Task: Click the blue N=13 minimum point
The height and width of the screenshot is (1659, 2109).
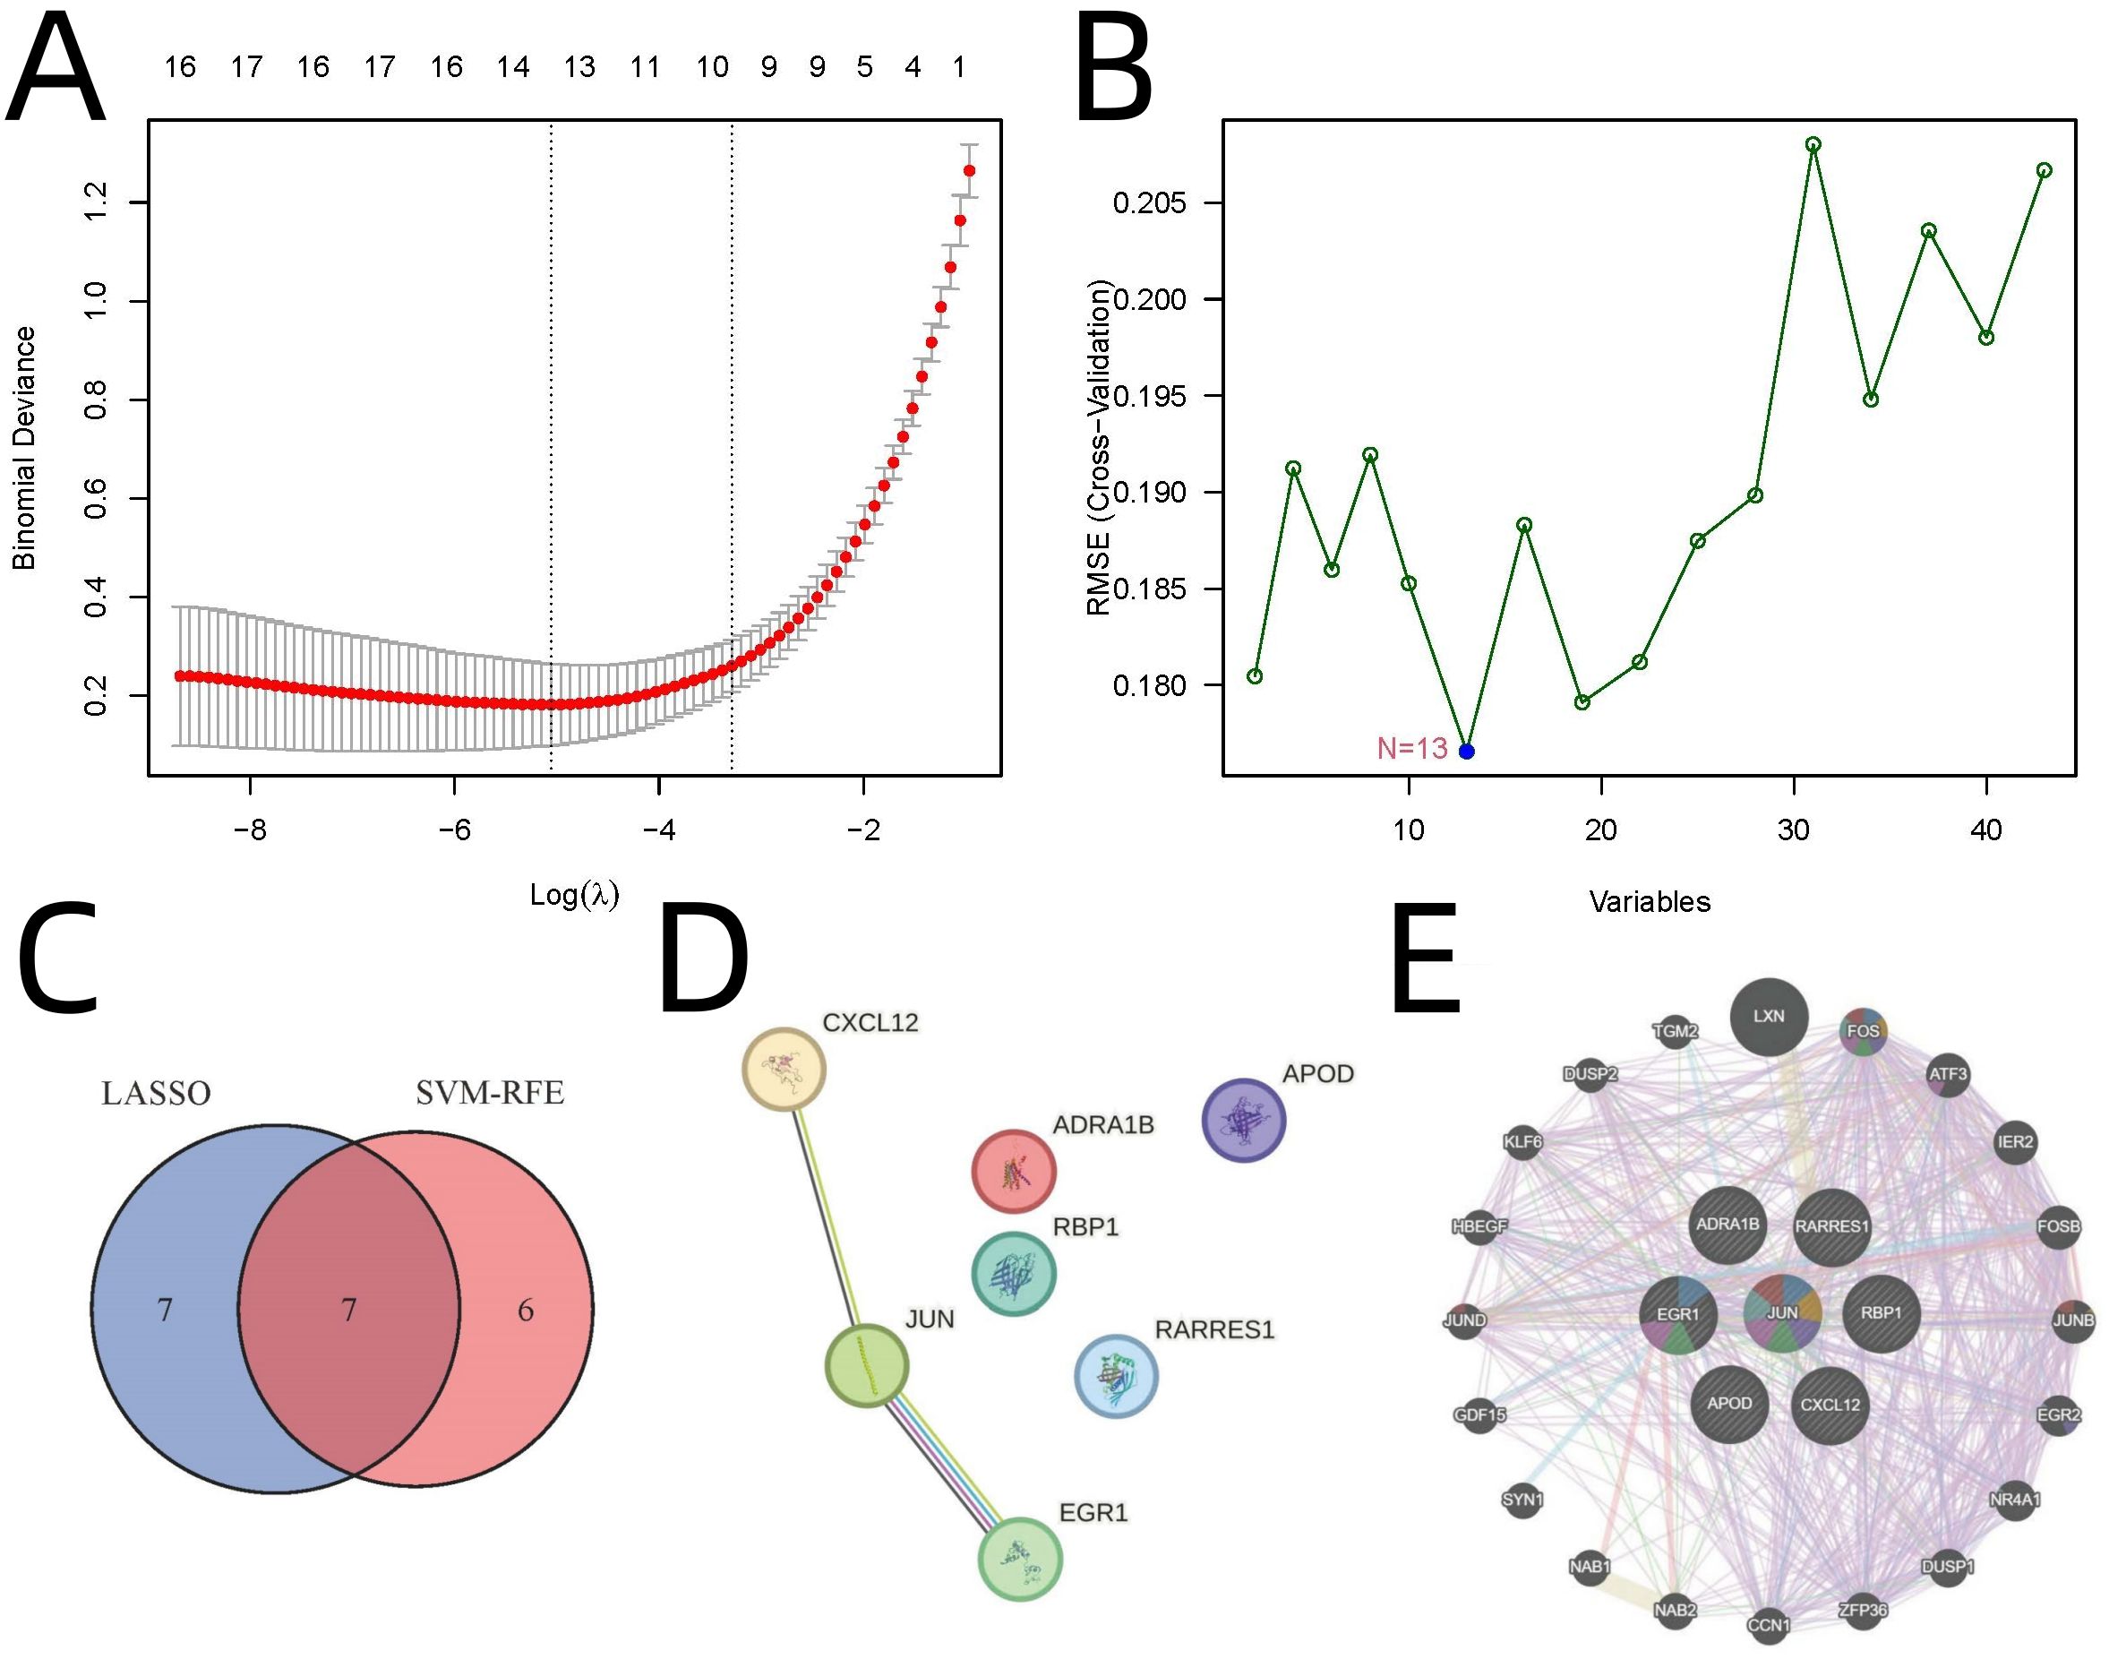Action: point(1466,751)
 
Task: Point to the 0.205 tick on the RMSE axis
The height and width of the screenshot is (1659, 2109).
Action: point(1150,203)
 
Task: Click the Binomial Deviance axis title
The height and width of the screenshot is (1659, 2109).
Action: point(24,447)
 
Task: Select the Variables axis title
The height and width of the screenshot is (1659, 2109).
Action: point(1649,902)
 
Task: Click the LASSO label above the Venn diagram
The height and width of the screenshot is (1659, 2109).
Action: point(155,1094)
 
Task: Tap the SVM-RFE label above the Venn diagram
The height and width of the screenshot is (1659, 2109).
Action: point(489,1094)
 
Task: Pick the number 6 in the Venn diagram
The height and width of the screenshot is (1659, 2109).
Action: point(526,1311)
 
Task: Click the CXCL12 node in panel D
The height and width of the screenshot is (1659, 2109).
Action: point(784,1070)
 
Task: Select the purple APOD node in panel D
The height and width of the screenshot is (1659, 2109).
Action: point(1243,1120)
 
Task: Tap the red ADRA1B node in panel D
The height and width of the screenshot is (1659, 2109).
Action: point(1014,1171)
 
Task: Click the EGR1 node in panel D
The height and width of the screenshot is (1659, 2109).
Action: point(1019,1558)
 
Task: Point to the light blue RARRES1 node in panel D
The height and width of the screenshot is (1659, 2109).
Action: point(1117,1375)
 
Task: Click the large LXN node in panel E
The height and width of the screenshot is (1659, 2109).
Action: point(1770,1016)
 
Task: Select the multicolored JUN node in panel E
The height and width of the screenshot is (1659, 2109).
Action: point(1782,1312)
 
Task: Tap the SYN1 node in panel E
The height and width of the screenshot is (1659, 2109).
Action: point(1522,1499)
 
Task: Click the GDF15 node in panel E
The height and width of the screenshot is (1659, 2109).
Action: point(1479,1415)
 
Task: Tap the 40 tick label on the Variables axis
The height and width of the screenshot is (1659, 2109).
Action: point(1986,831)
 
